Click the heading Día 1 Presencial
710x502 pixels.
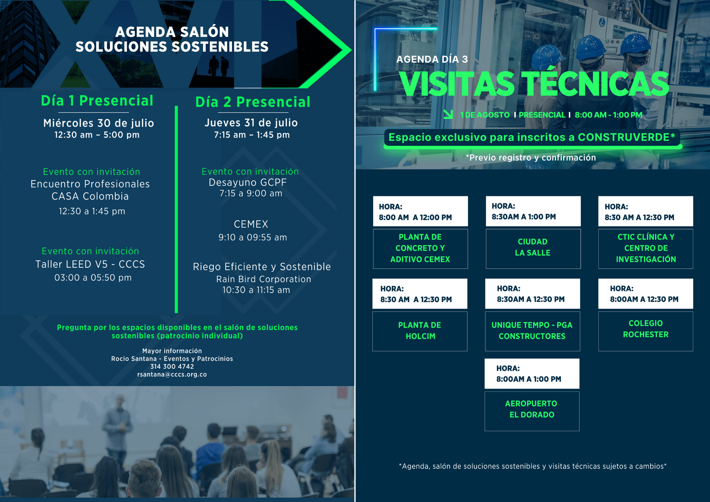(97, 101)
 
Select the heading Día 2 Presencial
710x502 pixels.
(253, 102)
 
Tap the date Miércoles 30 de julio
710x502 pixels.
(99, 123)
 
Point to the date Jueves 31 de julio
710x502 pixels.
(251, 123)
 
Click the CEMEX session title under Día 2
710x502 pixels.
(251, 224)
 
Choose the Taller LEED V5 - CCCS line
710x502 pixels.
(90, 264)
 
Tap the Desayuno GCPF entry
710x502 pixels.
(248, 183)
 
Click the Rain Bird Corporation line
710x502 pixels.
(263, 279)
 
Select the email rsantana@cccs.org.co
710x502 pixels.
(172, 375)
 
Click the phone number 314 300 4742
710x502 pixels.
(172, 367)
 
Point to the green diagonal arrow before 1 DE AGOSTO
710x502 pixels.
(448, 114)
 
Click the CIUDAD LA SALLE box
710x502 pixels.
(533, 249)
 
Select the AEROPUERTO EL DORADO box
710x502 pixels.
(532, 411)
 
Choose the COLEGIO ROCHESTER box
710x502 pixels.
(645, 331)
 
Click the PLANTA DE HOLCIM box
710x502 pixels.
(420, 331)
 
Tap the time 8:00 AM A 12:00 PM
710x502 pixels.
(415, 217)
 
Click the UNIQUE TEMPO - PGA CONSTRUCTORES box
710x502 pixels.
(533, 331)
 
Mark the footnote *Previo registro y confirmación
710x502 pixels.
(531, 158)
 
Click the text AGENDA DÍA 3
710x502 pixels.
(432, 59)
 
